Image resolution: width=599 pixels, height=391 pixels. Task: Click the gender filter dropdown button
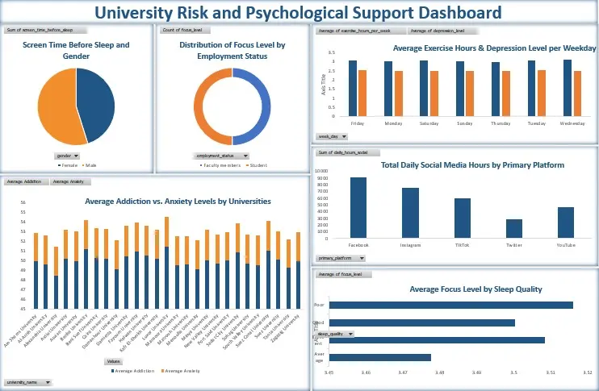point(66,155)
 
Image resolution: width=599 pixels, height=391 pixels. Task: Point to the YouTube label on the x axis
point(566,243)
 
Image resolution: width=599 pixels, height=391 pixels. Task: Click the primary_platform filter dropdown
point(341,258)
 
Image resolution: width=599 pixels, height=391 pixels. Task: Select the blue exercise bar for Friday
point(353,89)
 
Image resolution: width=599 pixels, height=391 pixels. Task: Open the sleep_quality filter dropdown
point(336,333)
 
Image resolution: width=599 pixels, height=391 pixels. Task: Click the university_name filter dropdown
point(27,381)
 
